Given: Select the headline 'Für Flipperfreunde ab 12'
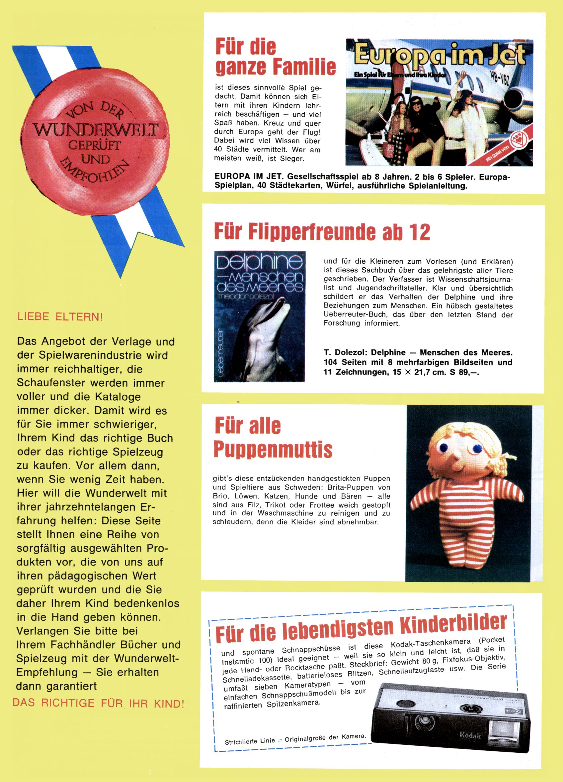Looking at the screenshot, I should pos(322,232).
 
